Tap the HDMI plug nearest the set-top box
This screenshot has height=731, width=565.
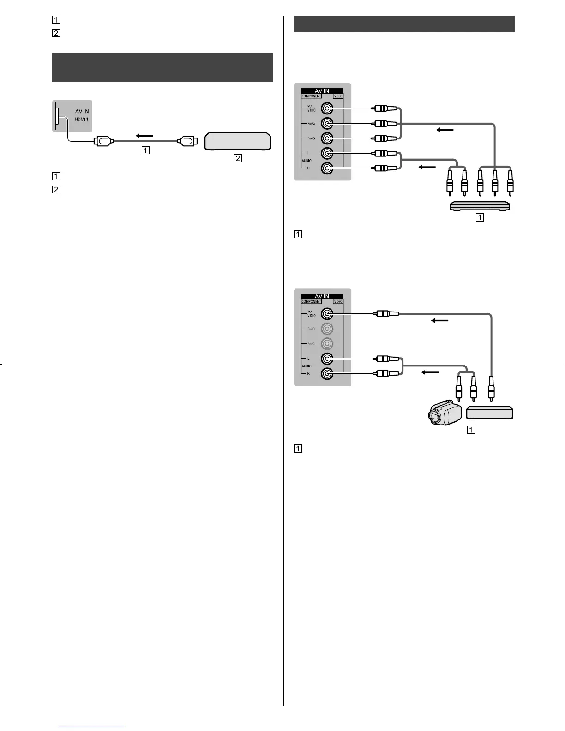[x=188, y=141]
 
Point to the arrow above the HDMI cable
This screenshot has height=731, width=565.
[x=144, y=136]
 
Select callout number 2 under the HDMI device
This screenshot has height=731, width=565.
[x=237, y=158]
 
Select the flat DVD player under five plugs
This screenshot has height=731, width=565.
[x=480, y=206]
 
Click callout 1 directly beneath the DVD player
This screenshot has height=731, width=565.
[x=480, y=217]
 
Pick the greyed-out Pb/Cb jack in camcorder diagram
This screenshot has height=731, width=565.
[x=327, y=329]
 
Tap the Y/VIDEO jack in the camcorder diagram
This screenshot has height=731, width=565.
[x=327, y=314]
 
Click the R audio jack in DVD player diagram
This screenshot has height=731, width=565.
[x=327, y=168]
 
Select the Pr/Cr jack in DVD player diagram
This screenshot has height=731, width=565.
[x=327, y=138]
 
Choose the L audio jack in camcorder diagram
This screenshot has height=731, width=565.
[x=327, y=359]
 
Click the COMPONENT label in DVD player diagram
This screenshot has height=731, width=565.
[x=311, y=96]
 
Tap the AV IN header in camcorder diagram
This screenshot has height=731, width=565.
[x=322, y=296]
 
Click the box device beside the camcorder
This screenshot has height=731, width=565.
[x=490, y=413]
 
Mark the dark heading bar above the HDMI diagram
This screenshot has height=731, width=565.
[x=162, y=67]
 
